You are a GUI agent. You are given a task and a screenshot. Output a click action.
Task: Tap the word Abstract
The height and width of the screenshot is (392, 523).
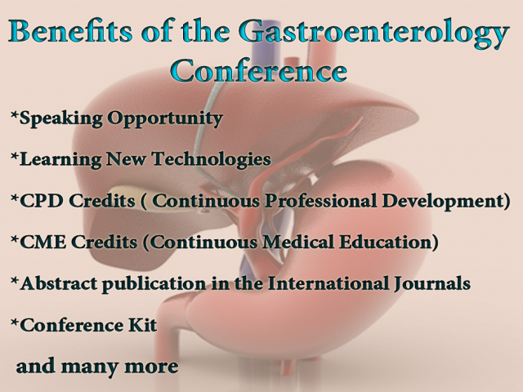pyautogui.click(x=55, y=283)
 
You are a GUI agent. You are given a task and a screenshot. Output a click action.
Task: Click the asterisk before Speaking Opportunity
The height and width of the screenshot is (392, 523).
pyautogui.click(x=14, y=117)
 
